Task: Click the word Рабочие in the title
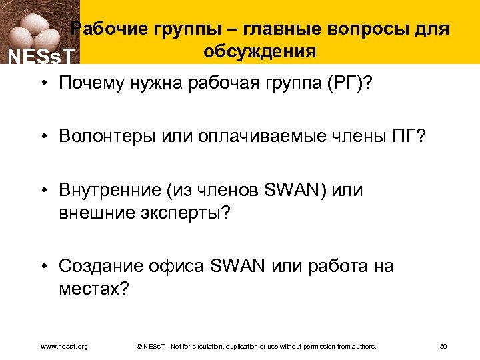click(x=109, y=29)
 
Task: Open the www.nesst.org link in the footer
click(x=64, y=346)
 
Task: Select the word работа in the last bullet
click(x=334, y=266)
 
